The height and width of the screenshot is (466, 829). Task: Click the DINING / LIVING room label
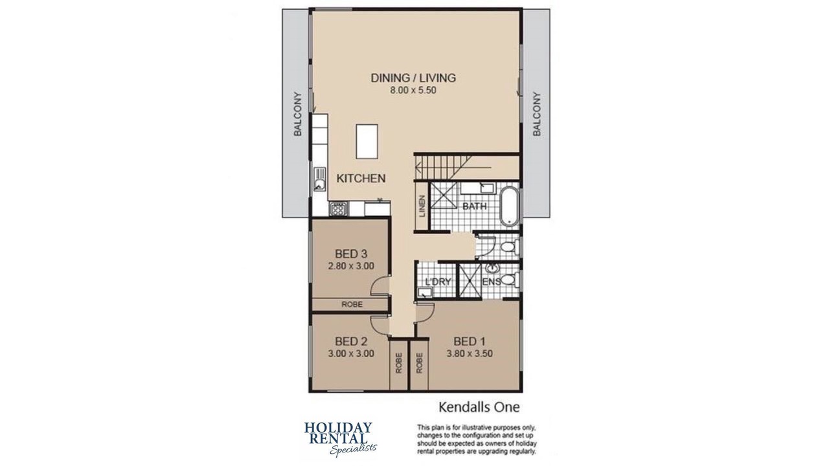tap(413, 78)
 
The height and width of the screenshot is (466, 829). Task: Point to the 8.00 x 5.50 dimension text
tap(413, 90)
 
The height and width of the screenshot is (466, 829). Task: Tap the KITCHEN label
tap(361, 178)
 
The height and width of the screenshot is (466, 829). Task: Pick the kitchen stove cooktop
tap(79, 209)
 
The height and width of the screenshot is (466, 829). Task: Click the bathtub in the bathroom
tap(509, 206)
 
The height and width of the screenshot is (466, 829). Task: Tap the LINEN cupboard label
tap(422, 206)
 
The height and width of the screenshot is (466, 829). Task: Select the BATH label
tap(475, 206)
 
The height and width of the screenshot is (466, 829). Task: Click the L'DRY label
tap(438, 282)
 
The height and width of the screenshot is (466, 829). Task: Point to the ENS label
tap(492, 282)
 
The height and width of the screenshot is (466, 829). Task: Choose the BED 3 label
tap(351, 254)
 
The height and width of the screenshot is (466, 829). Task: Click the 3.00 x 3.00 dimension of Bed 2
tap(351, 353)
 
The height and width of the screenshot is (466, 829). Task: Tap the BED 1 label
tap(470, 341)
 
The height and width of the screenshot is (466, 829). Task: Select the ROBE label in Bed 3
tap(352, 304)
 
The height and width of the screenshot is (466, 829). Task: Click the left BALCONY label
tap(297, 114)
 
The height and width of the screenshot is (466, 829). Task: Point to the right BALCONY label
tap(537, 114)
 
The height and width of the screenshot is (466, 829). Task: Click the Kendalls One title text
tap(479, 407)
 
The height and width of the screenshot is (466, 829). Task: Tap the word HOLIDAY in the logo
tap(338, 428)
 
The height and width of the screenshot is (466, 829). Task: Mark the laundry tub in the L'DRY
tap(425, 293)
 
